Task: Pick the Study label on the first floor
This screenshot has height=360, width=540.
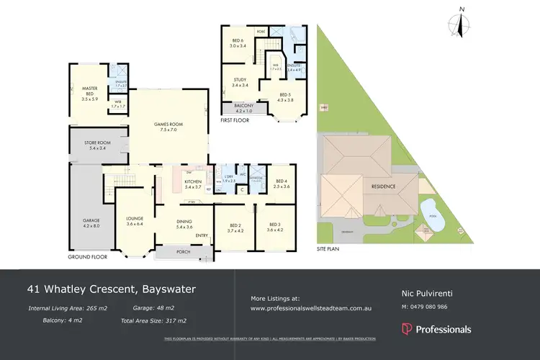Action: [x=240, y=82]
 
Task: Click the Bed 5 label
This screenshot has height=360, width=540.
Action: [x=286, y=96]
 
